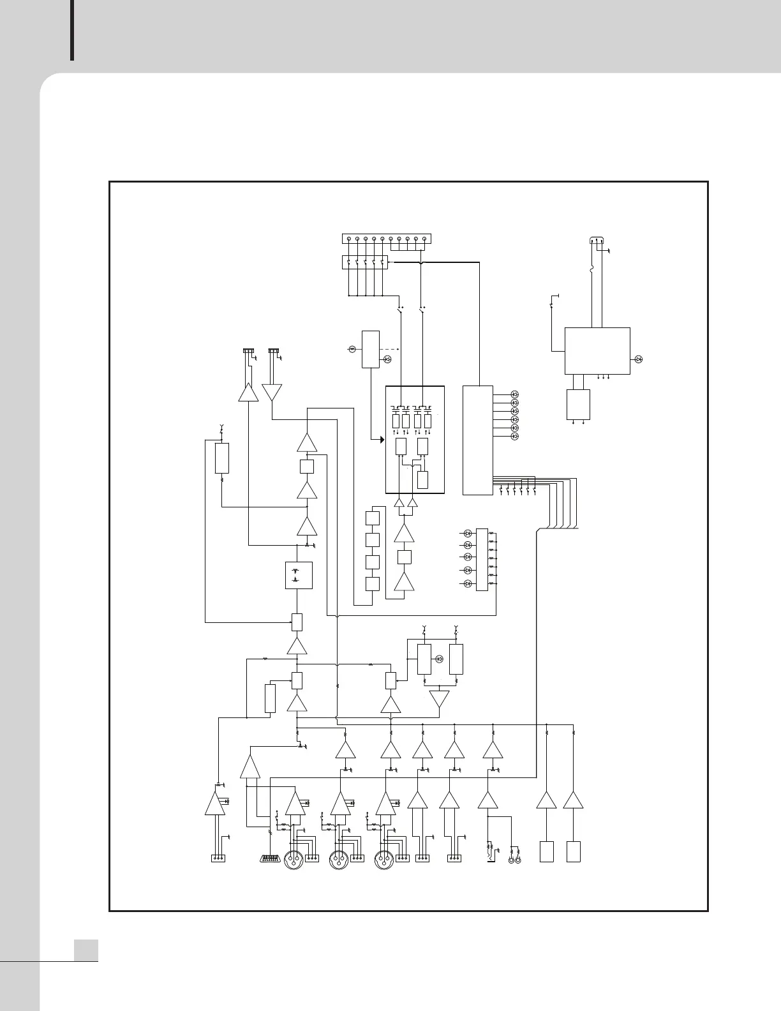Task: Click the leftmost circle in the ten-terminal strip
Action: [x=348, y=239]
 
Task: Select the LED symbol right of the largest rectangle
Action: [x=639, y=359]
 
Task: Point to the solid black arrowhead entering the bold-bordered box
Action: [x=381, y=439]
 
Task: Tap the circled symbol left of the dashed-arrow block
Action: [x=352, y=348]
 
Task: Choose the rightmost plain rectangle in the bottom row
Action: [x=573, y=852]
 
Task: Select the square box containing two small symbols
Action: [x=298, y=575]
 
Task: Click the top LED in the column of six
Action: [x=515, y=394]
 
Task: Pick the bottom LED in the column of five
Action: [x=467, y=584]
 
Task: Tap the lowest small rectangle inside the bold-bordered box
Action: [x=423, y=480]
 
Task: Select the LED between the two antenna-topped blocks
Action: [x=439, y=659]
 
